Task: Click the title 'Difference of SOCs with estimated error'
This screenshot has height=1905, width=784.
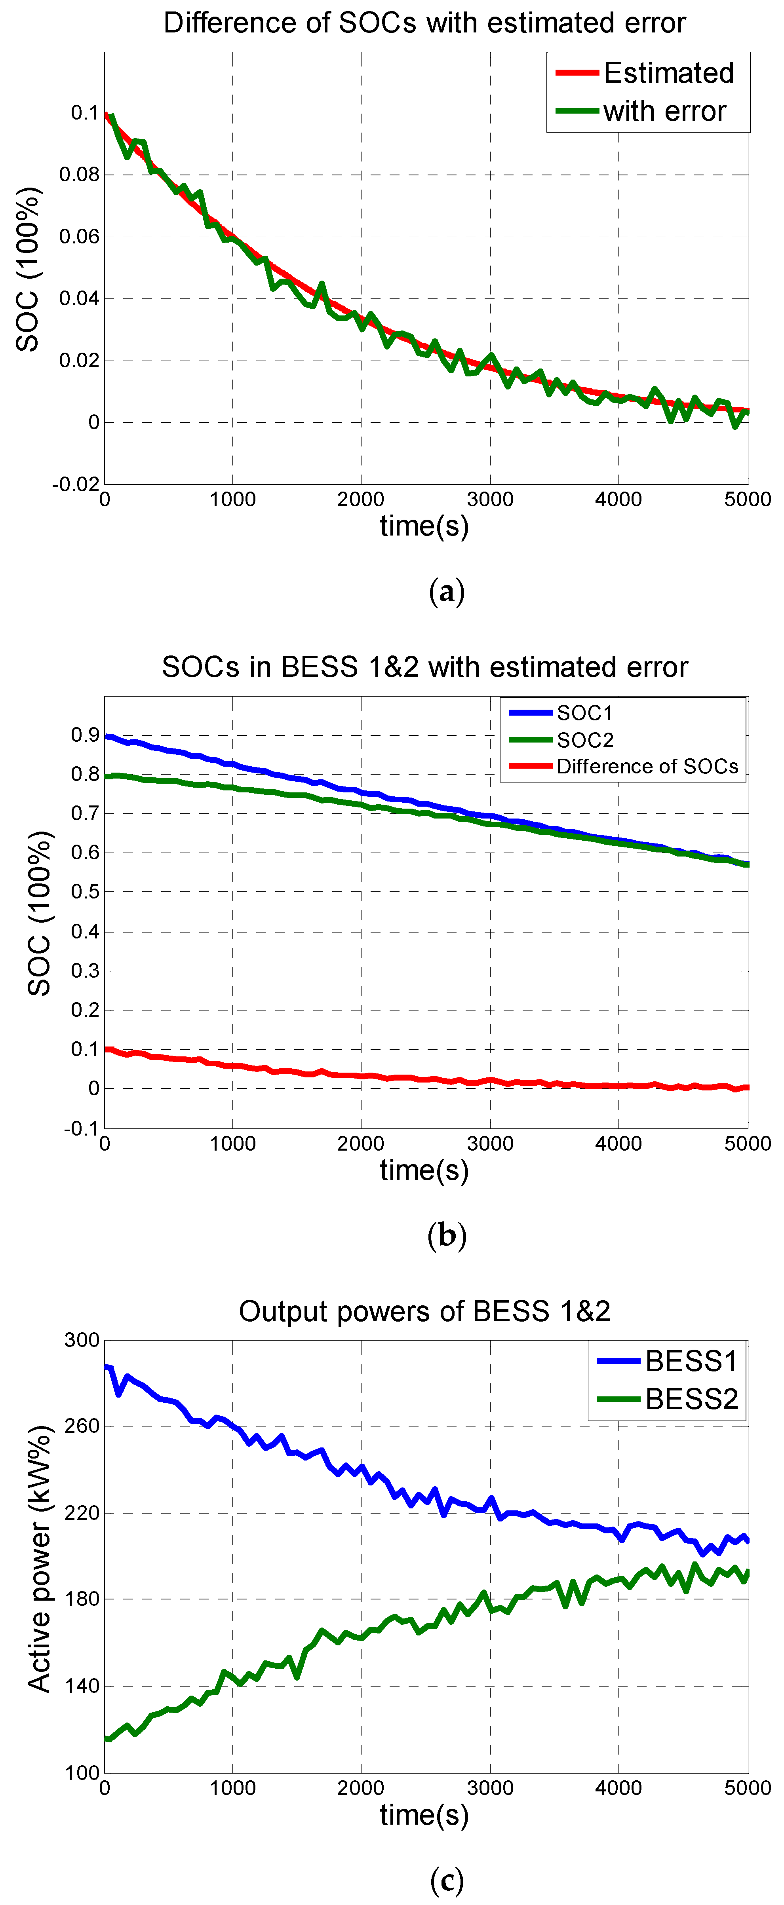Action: point(424,23)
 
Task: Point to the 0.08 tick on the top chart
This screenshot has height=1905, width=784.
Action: point(78,175)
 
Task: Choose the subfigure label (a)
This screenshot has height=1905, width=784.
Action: point(447,593)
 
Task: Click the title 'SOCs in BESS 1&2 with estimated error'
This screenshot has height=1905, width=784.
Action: point(424,667)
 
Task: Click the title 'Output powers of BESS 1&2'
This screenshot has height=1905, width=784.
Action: point(424,1311)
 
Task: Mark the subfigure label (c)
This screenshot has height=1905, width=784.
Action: point(447,1879)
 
